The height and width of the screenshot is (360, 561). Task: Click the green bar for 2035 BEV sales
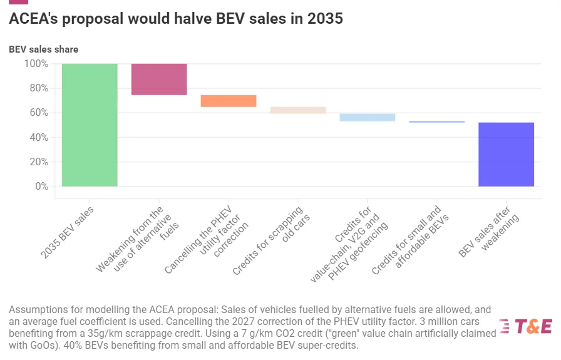[90, 125]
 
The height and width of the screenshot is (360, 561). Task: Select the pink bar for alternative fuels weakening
[159, 79]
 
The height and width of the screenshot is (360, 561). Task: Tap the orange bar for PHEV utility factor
[229, 101]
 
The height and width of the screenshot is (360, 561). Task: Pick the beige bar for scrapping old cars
[298, 110]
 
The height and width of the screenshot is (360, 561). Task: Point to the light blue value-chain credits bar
[367, 117]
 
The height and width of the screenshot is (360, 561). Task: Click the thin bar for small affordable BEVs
[436, 121]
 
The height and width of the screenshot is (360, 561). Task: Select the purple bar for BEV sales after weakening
[506, 154]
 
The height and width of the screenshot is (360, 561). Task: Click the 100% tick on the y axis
[36, 64]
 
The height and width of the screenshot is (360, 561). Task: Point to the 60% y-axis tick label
[39, 113]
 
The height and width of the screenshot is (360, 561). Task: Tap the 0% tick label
[41, 187]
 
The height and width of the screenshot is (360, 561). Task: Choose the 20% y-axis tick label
[39, 162]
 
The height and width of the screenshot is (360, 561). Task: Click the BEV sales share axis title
[44, 49]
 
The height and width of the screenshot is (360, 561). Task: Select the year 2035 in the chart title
[325, 19]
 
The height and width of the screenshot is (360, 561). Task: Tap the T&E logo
[526, 326]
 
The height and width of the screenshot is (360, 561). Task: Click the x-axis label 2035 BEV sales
[67, 232]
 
